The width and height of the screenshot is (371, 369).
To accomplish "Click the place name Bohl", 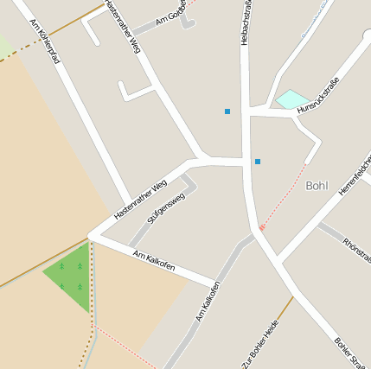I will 318,185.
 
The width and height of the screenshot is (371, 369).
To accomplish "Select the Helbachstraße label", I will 245,22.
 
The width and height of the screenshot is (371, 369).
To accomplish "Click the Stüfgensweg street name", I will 166,208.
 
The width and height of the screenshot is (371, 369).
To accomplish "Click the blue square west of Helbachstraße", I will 227,111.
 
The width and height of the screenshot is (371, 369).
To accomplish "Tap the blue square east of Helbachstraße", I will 258,161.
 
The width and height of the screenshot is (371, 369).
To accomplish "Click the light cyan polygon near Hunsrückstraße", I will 292,99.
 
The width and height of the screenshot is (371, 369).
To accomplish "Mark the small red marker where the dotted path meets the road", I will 262,226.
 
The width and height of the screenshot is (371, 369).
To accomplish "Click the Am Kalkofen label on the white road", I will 155,260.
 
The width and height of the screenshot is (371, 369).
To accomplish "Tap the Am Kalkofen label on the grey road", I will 208,301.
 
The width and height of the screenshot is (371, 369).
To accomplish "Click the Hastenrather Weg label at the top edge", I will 122,26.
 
